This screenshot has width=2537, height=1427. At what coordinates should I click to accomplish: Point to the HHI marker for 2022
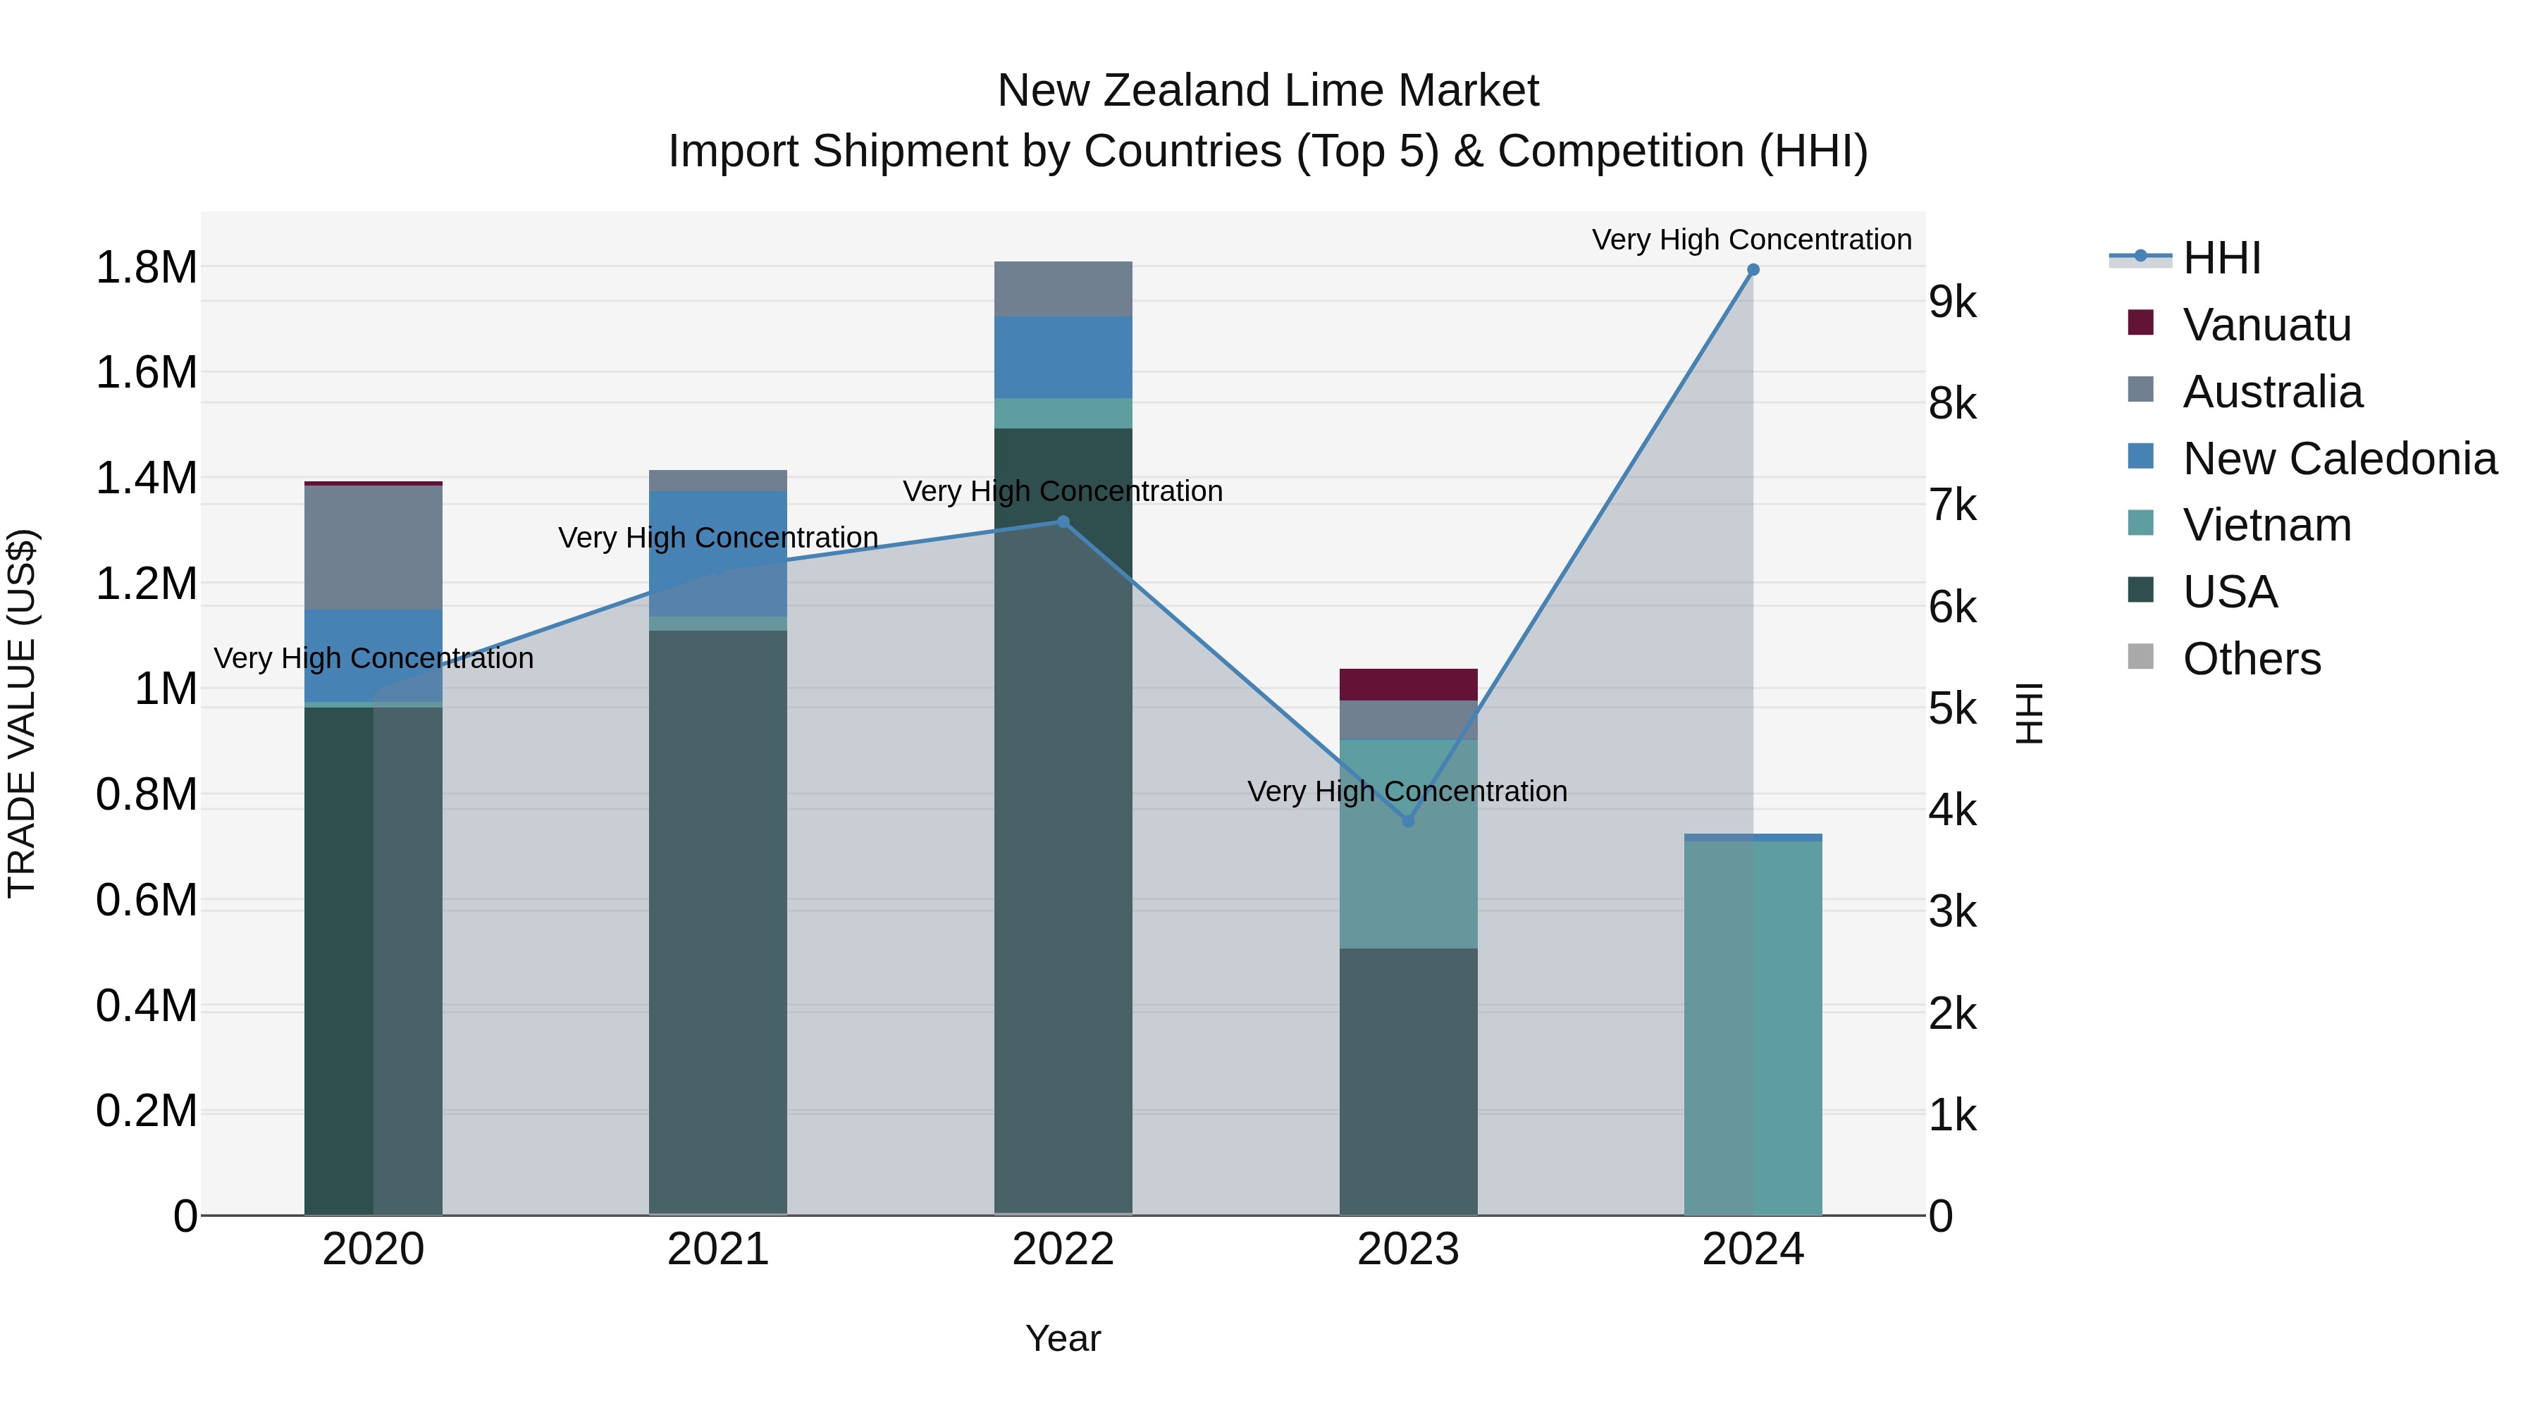point(1063,522)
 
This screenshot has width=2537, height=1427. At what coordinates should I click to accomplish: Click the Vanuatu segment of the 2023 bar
point(1407,684)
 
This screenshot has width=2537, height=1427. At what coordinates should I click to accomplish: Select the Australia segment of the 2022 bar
point(1063,288)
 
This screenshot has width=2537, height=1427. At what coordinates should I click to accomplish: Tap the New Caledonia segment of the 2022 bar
point(1063,357)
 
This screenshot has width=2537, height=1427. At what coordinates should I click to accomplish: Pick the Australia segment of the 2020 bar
point(374,548)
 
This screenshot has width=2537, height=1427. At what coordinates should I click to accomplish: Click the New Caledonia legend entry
point(2339,459)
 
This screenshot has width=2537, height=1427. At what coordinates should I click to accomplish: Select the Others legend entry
point(2252,659)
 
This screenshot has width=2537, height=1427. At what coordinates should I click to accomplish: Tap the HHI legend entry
point(2221,258)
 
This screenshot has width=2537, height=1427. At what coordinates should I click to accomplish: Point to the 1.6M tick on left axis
point(146,373)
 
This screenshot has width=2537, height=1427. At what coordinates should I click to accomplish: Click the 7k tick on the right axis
point(1953,506)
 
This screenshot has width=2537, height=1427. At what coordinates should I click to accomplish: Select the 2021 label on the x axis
point(718,1249)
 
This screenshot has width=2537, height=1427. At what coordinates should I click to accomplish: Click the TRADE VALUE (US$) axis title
point(22,713)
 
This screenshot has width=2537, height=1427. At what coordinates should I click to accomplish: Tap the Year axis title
point(1063,1338)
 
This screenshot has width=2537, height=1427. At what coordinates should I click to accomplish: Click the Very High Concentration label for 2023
point(1407,792)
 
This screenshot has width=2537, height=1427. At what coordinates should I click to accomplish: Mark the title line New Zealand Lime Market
point(1268,91)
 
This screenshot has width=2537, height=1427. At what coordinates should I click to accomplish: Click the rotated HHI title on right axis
point(2030,713)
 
